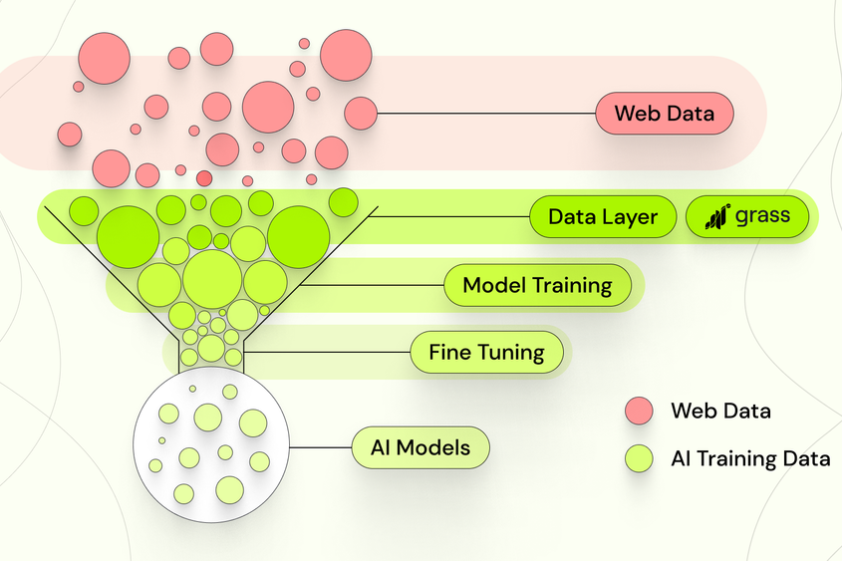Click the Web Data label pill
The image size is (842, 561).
click(664, 114)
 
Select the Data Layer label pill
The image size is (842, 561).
click(603, 216)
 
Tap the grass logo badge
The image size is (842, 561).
click(747, 216)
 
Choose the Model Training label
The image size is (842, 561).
click(537, 285)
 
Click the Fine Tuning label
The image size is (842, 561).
click(486, 352)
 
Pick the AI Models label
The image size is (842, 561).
click(421, 447)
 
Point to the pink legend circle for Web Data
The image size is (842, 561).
click(638, 411)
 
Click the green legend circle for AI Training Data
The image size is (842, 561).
click(638, 458)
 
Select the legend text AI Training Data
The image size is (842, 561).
click(750, 458)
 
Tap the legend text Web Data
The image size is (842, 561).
click(720, 411)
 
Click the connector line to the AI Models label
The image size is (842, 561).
click(321, 447)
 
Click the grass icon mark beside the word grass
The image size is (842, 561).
click(717, 216)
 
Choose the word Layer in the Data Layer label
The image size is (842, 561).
click(630, 217)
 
